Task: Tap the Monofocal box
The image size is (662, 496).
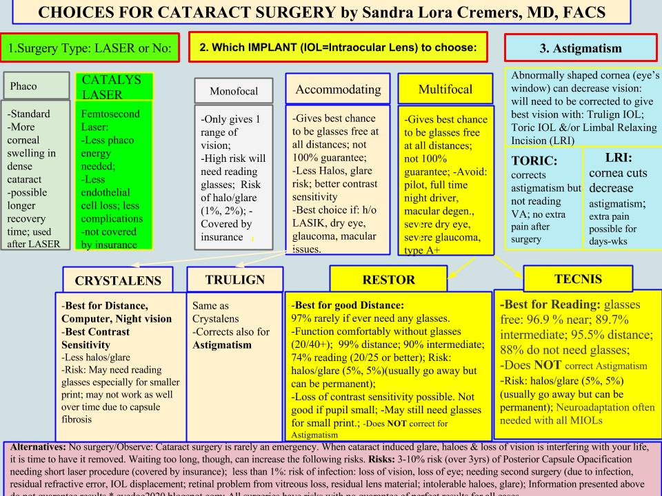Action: (230, 90)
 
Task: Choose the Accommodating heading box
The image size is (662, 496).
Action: (338, 89)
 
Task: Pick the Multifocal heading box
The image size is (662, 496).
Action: (446, 89)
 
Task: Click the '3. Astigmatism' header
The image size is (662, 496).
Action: (582, 49)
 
